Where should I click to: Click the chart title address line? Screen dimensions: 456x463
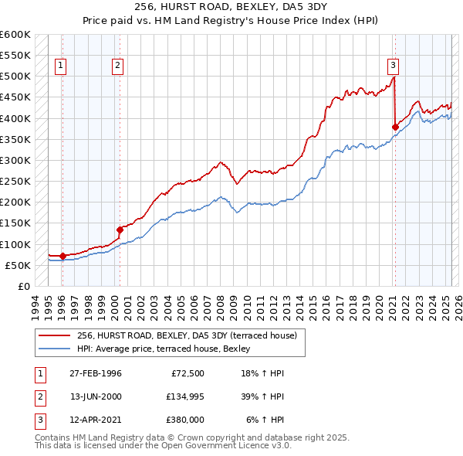[231, 8]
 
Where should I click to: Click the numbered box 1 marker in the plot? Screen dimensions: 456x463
[61, 66]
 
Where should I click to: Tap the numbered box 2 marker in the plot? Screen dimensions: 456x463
[117, 66]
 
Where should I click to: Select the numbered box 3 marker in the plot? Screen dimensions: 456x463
[393, 66]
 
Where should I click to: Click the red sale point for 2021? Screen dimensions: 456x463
[395, 127]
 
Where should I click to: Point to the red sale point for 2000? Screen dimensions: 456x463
[120, 230]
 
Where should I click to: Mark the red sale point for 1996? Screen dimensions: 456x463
[63, 256]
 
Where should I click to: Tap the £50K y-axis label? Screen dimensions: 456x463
[18, 265]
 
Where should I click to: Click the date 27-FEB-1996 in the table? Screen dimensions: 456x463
[96, 373]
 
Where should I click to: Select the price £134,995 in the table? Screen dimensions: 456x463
[183, 396]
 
